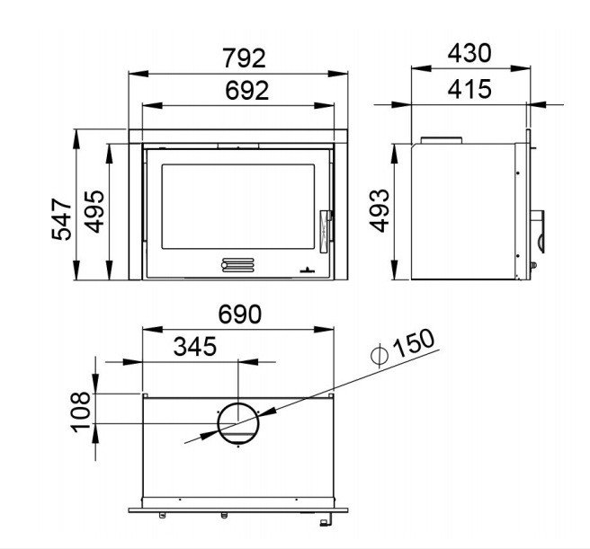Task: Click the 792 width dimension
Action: (245, 58)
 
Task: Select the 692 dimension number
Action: (246, 91)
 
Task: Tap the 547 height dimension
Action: (61, 219)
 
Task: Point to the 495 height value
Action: (94, 212)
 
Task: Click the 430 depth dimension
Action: (469, 53)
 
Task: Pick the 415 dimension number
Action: (469, 89)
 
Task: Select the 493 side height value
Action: (379, 210)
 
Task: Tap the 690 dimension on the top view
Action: (239, 314)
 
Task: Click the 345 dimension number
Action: (195, 346)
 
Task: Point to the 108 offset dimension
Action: (81, 412)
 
